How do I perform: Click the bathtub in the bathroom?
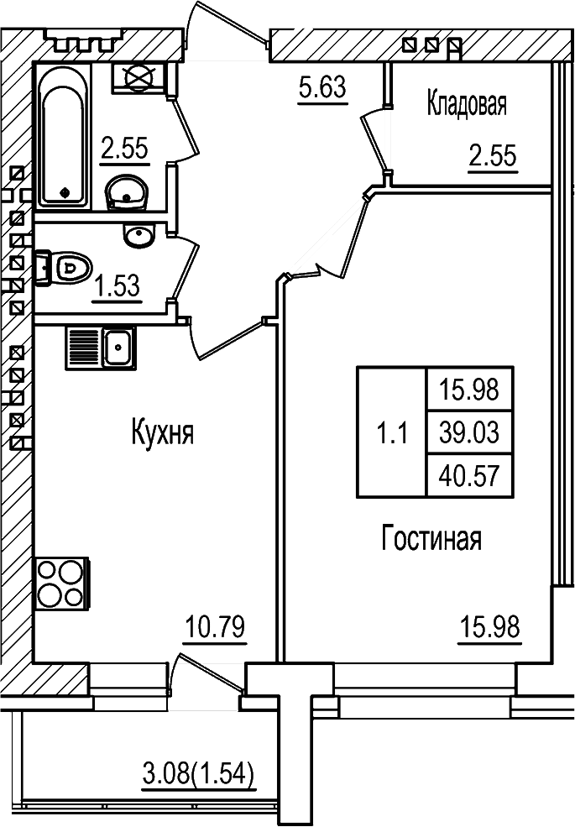pos(63,136)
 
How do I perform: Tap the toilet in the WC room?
pos(67,268)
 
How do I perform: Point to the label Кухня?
pos(163,434)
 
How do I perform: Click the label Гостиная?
pos(431,538)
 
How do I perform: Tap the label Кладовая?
pos(467,105)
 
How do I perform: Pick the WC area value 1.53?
pos(116,288)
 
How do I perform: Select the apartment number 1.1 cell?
pos(391,433)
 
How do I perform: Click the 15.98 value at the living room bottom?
pos(489,627)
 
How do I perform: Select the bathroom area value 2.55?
pos(124,149)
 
